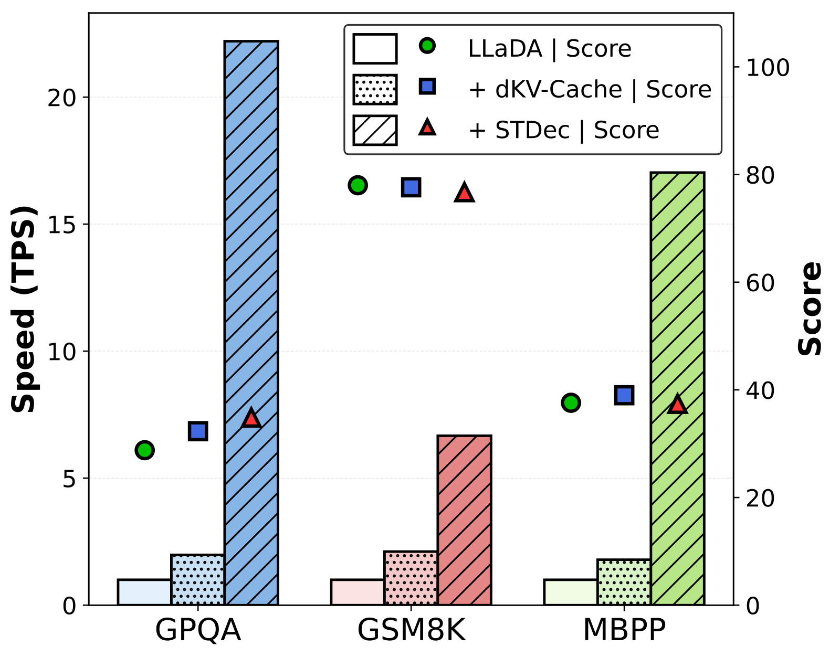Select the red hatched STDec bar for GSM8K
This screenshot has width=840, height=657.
point(464,520)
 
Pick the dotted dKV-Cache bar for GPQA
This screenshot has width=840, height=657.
point(197,580)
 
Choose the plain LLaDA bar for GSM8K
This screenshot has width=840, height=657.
point(357,592)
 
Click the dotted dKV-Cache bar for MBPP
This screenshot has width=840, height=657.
point(624,582)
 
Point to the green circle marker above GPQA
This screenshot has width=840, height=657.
point(144,450)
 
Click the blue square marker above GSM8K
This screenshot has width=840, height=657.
point(411,187)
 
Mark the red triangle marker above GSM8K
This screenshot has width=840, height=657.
point(464,193)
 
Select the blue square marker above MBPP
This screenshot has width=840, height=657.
point(624,395)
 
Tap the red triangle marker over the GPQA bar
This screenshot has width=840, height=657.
point(251,418)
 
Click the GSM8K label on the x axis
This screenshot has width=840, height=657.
point(411,631)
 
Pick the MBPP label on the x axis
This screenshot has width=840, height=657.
point(624,631)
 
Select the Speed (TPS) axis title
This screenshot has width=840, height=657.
point(24,309)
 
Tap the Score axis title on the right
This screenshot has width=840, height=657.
point(810,309)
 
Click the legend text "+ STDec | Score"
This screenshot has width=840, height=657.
point(563,130)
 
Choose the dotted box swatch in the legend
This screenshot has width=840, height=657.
point(375,89)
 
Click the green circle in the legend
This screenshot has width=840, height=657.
point(427,46)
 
